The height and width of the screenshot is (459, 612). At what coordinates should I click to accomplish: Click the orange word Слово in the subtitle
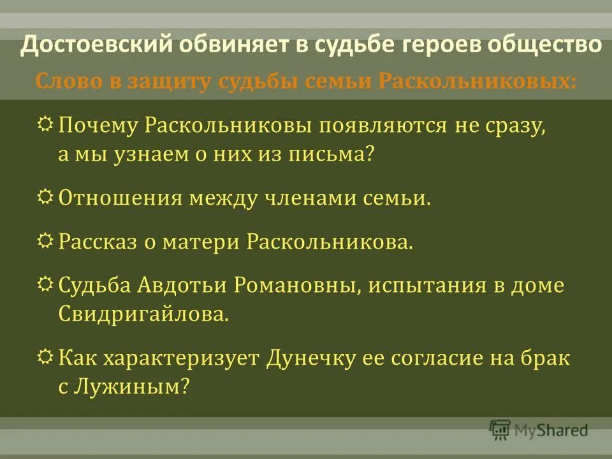(63, 82)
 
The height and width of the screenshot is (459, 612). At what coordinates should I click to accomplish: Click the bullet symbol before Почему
(47, 125)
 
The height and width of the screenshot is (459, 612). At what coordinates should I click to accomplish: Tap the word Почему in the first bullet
(96, 125)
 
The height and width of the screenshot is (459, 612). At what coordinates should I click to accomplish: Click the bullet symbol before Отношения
(47, 198)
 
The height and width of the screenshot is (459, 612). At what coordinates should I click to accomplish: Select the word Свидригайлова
(143, 315)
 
